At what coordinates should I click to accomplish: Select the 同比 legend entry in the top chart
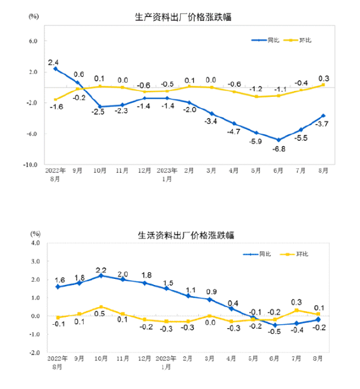tap(265, 41)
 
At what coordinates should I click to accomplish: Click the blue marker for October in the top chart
tap(100, 107)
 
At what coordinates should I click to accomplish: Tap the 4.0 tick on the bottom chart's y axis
tap(36, 243)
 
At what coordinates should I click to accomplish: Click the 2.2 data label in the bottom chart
tap(101, 269)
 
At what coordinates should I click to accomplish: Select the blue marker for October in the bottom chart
tap(101, 276)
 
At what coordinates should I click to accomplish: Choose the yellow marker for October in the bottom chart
tap(101, 306)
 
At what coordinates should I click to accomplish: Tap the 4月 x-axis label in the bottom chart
tap(232, 360)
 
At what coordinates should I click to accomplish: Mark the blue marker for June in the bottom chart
tap(275, 325)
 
